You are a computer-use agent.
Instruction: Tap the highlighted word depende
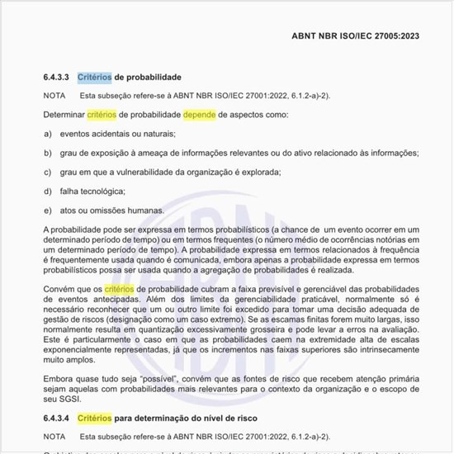pyautogui.click(x=200, y=115)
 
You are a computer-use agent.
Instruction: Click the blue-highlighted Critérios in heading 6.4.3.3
pyautogui.click(x=94, y=78)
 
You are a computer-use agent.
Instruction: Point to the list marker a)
pyautogui.click(x=48, y=134)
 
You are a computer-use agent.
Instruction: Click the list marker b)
pyautogui.click(x=48, y=153)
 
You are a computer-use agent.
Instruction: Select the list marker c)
pyautogui.click(x=48, y=172)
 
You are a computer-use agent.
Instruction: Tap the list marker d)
pyautogui.click(x=48, y=191)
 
